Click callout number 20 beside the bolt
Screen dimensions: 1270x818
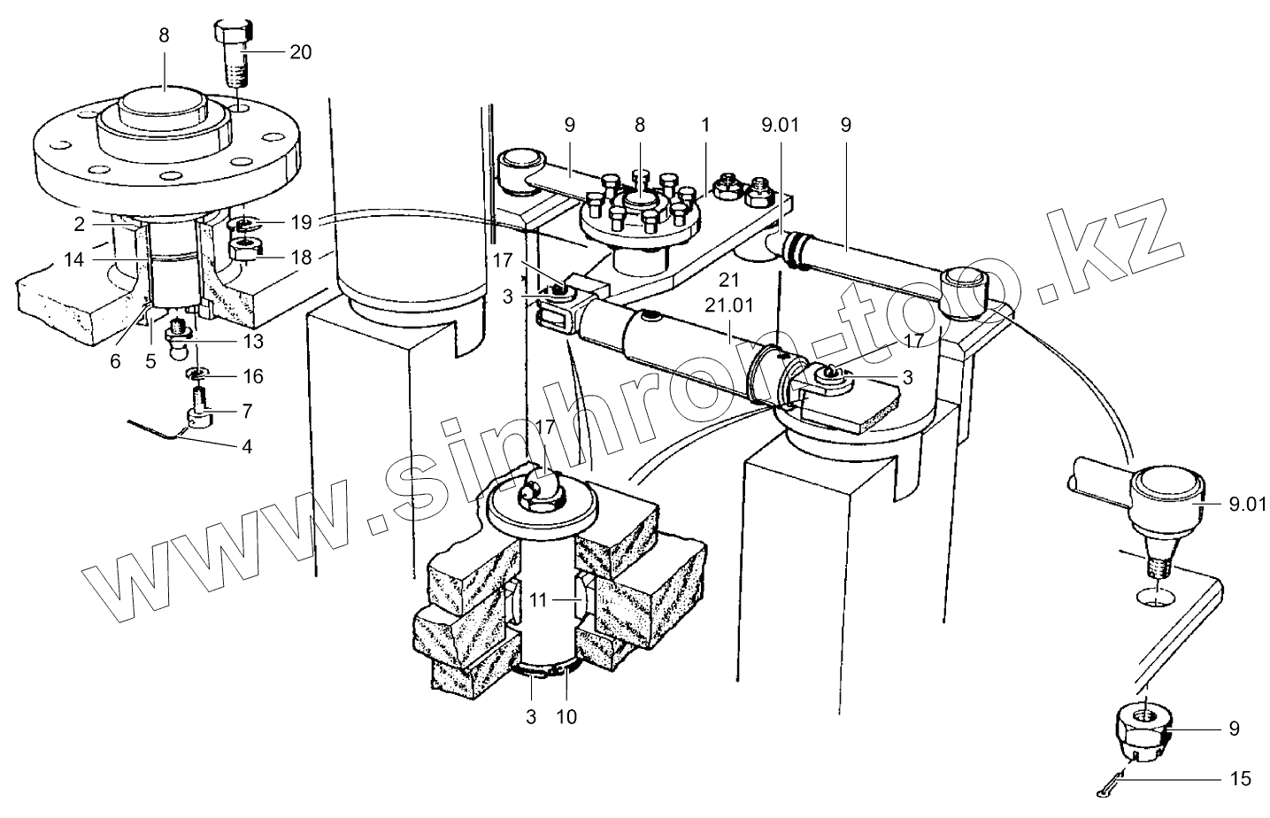click(301, 52)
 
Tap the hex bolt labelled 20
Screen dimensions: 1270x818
click(233, 54)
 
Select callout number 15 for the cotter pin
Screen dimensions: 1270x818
click(1241, 779)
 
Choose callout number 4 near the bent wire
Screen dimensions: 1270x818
click(247, 447)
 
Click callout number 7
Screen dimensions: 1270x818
click(247, 412)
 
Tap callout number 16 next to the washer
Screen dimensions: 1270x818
click(253, 376)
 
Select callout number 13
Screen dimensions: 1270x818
click(253, 342)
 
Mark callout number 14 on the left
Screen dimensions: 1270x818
click(73, 259)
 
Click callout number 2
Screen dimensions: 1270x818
click(80, 225)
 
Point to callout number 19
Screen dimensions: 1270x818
click(301, 222)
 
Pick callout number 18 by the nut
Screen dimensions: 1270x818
click(301, 258)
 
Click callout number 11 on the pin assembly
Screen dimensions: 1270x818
click(538, 599)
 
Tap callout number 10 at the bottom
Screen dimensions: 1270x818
click(566, 717)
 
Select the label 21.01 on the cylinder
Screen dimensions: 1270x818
click(729, 305)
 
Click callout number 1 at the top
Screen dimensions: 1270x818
click(705, 126)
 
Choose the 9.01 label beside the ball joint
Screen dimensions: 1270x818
click(1247, 505)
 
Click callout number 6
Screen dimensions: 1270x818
click(115, 361)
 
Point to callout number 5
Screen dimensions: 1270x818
click(150, 361)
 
